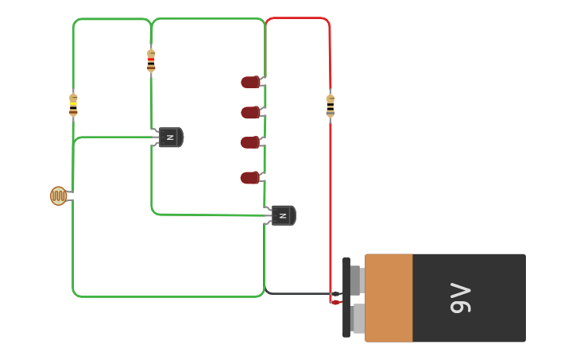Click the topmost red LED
[250, 82]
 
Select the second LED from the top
[250, 113]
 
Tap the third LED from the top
[250, 142]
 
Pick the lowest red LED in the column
[250, 178]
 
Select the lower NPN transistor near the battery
[283, 215]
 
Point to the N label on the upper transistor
[169, 137]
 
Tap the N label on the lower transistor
[281, 215]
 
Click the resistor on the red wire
[331, 106]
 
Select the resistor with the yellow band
[73, 104]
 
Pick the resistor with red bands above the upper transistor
[151, 60]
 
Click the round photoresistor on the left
[58, 195]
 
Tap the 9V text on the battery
[461, 298]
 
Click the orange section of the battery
[389, 298]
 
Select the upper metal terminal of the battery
[358, 281]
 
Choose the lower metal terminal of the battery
[358, 319]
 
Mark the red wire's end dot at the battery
[335, 302]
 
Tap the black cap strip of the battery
[346, 297]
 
